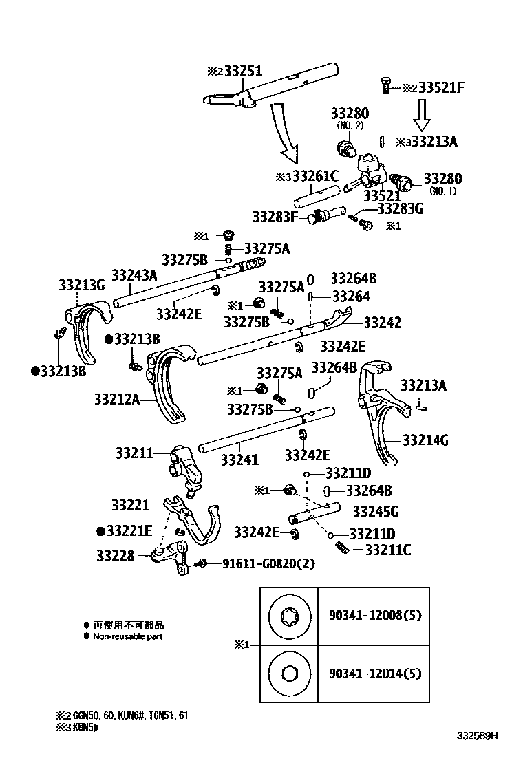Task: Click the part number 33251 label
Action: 241,71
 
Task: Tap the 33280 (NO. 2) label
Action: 350,114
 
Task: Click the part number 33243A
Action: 136,275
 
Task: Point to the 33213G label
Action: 81,284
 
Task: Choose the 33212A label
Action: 117,398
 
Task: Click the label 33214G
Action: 425,438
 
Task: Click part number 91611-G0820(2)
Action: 268,563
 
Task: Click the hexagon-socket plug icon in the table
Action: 288,673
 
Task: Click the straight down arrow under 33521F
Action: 422,114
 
